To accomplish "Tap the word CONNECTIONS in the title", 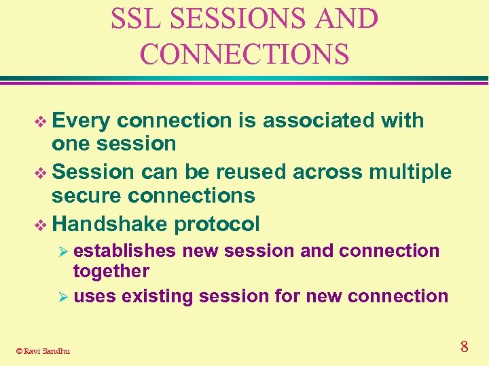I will point(244,54).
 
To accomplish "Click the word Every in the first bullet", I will point(81,121).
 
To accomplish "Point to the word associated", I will point(319,121).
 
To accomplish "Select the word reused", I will point(253,172).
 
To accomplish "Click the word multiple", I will point(410,173).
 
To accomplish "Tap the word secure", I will point(82,196).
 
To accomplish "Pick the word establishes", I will point(125,251).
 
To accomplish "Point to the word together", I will point(111,271).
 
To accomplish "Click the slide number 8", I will point(464,347).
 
